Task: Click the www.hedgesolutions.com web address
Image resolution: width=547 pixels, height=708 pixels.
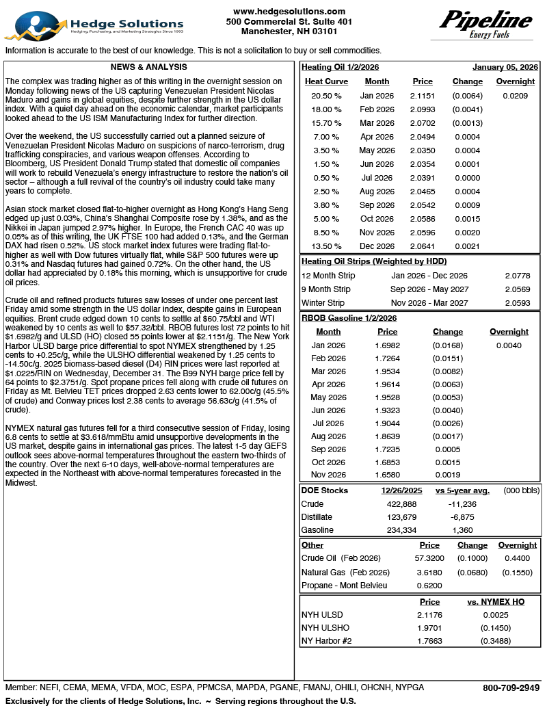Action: pyautogui.click(x=289, y=12)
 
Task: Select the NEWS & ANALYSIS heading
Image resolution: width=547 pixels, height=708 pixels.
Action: pyautogui.click(x=148, y=68)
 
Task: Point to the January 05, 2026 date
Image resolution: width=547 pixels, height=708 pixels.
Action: pyautogui.click(x=505, y=68)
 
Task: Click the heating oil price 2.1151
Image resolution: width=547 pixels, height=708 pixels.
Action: pyautogui.click(x=423, y=96)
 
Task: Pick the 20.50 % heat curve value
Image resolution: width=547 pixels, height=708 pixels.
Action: pyautogui.click(x=326, y=96)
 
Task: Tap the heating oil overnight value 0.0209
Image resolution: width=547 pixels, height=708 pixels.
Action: pyautogui.click(x=515, y=96)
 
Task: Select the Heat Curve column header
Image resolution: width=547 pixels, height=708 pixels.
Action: pyautogui.click(x=326, y=81)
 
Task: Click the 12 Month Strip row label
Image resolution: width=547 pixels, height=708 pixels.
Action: pyautogui.click(x=328, y=276)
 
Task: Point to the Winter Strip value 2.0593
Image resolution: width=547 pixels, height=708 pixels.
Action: pyautogui.click(x=517, y=303)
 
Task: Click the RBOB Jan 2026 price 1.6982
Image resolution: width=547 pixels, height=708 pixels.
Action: pyautogui.click(x=387, y=345)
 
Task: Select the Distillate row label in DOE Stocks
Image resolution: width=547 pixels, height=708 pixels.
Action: pyautogui.click(x=317, y=517)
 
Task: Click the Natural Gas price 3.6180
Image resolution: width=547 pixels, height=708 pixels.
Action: pyautogui.click(x=429, y=572)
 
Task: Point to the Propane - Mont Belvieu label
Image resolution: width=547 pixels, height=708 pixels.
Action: pyautogui.click(x=345, y=586)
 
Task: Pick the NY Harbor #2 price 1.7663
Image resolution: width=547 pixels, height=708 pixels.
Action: pyautogui.click(x=429, y=641)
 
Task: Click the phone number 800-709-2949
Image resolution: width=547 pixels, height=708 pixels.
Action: pyautogui.click(x=511, y=687)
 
